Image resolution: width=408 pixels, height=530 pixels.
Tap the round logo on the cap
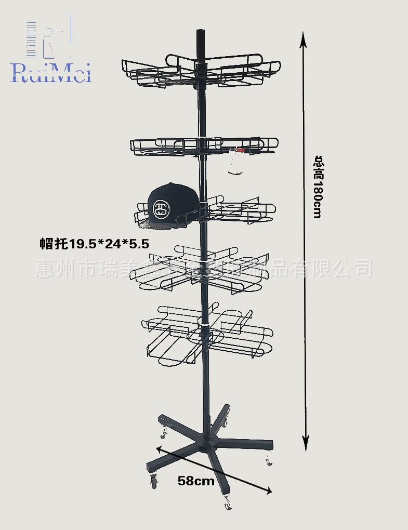pyautogui.click(x=162, y=209)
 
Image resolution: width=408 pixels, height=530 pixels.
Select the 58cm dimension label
pyautogui.click(x=196, y=481)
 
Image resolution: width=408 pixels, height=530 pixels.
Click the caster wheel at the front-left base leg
pyautogui.click(x=154, y=482)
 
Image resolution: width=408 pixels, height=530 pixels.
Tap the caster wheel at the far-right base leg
pyautogui.click(x=269, y=460)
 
